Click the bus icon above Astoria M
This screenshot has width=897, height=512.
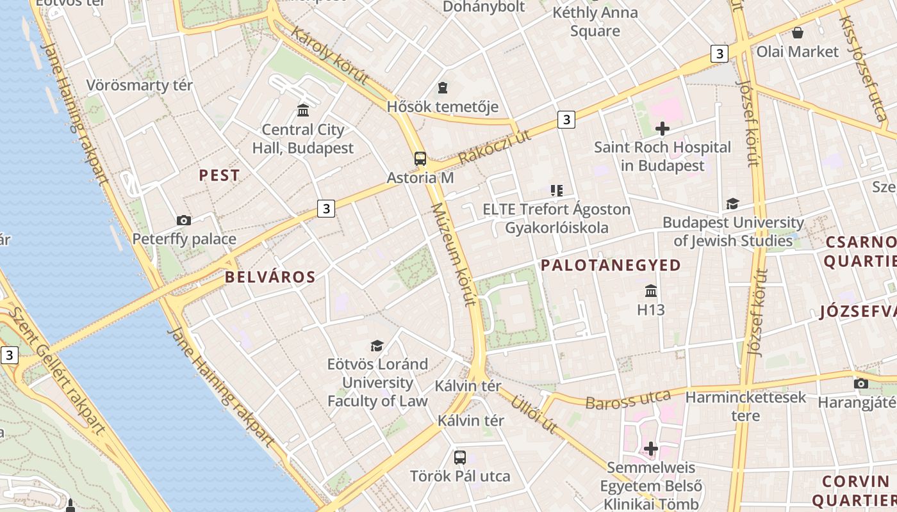420,159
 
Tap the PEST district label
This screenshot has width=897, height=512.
219,175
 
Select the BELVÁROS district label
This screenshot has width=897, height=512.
270,277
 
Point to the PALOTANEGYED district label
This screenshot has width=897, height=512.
611,266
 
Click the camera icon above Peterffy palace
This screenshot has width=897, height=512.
184,221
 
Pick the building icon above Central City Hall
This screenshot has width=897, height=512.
303,110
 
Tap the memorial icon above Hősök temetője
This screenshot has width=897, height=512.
442,87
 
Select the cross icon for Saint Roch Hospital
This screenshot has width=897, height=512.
662,129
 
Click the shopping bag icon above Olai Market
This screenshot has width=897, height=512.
798,33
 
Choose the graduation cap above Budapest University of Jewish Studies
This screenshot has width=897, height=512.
732,204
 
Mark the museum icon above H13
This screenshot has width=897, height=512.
651,291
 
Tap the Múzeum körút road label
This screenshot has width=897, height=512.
454,254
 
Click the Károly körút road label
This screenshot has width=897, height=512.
329,56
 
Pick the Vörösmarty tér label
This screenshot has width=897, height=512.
139,85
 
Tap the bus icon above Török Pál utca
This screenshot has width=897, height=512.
460,457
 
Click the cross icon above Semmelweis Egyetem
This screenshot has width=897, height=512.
651,449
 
